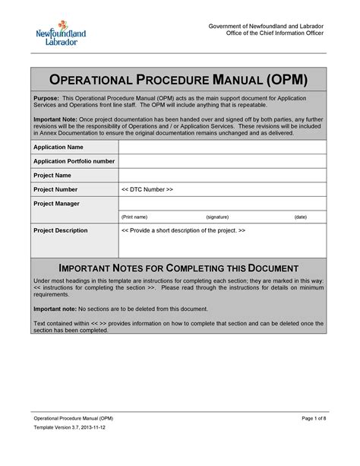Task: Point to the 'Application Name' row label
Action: (58, 147)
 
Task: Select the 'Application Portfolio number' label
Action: (74, 161)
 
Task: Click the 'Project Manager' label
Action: (57, 204)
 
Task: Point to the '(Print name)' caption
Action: (134, 217)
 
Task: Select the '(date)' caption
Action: (301, 217)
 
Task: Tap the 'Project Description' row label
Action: (61, 230)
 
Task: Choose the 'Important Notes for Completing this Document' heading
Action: (179, 268)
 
